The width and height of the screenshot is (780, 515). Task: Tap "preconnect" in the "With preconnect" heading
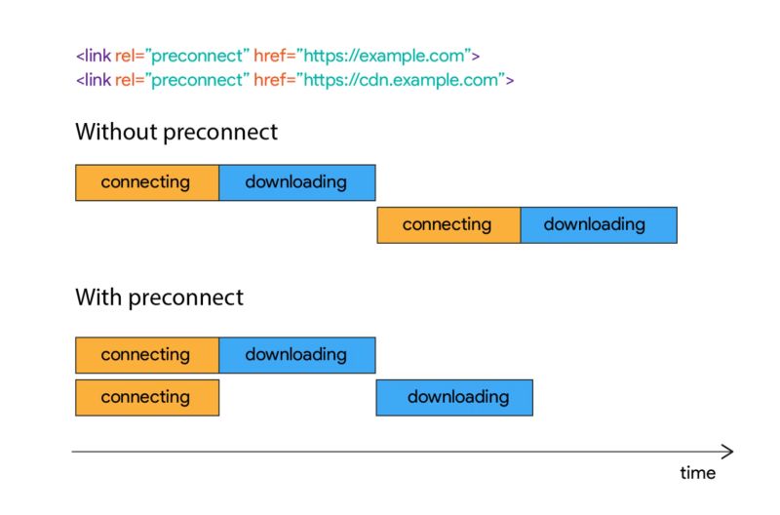tap(186, 297)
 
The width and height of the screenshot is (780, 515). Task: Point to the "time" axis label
tap(697, 473)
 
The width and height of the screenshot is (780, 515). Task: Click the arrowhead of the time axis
tap(727, 452)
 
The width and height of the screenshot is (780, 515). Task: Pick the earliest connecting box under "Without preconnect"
tap(146, 182)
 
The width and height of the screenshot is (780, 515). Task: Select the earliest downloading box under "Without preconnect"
tap(296, 182)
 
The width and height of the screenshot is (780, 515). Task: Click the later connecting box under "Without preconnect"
tap(448, 224)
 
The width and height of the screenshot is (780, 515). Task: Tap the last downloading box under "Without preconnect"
tap(597, 224)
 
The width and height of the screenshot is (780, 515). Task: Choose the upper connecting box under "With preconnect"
tap(146, 355)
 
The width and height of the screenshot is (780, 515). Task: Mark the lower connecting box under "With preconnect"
tap(146, 397)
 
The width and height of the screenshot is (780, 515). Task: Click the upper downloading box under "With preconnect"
tap(296, 355)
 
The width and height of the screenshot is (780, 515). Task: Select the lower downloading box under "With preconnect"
tap(454, 397)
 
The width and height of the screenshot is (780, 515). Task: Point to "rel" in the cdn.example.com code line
tap(126, 80)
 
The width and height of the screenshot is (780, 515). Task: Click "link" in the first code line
tap(97, 57)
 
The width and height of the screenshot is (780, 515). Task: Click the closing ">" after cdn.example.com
tap(508, 80)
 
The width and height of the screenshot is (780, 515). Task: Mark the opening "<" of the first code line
tap(79, 57)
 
